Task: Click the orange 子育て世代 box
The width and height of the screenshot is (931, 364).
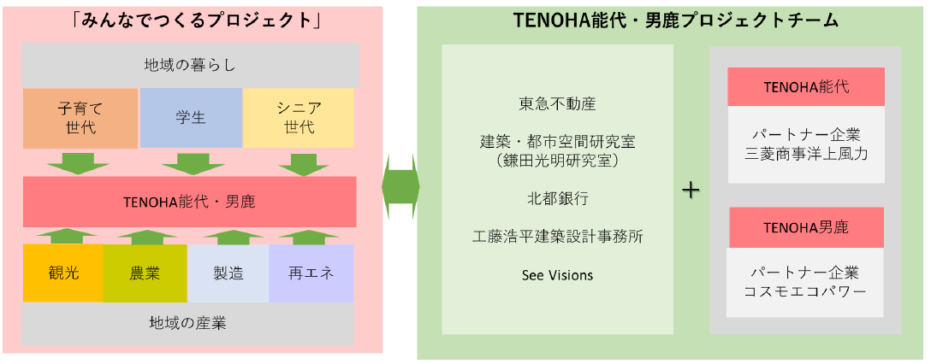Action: pyautogui.click(x=80, y=118)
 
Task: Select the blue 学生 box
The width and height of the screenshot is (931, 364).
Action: pyautogui.click(x=190, y=118)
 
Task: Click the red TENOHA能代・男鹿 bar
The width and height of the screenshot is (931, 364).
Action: pyautogui.click(x=189, y=203)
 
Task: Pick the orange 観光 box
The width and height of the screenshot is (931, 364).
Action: pyautogui.click(x=62, y=273)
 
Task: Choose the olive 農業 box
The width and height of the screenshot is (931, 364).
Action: pyautogui.click(x=145, y=273)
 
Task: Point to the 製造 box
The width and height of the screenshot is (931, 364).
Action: pyautogui.click(x=228, y=273)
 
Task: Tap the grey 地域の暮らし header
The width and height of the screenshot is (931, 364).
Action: pyautogui.click(x=189, y=65)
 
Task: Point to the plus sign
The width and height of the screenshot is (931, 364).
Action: pyautogui.click(x=691, y=191)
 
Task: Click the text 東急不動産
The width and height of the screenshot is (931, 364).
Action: pyautogui.click(x=557, y=104)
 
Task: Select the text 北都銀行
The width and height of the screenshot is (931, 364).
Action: pyautogui.click(x=557, y=198)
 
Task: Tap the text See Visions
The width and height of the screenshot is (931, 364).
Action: pyautogui.click(x=557, y=275)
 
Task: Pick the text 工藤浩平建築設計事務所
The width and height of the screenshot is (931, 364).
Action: pyautogui.click(x=557, y=237)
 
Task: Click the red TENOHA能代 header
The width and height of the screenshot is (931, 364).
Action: pyautogui.click(x=805, y=87)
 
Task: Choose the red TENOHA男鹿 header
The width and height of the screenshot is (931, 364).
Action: pyautogui.click(x=805, y=228)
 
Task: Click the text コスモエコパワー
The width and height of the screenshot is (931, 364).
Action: pyautogui.click(x=805, y=291)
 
